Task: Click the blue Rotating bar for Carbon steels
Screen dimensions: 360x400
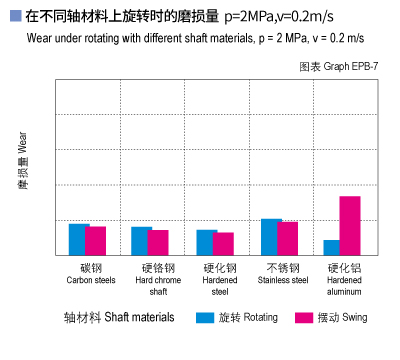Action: [78, 239]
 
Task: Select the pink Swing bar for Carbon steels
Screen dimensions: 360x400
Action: [96, 241]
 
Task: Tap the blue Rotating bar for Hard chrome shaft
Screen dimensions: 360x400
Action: [141, 241]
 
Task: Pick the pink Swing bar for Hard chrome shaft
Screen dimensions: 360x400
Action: [158, 242]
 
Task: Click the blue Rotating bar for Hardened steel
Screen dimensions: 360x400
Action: [206, 242]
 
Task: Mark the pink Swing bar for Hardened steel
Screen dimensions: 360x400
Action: [223, 244]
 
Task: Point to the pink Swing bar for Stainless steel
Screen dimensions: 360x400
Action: [288, 238]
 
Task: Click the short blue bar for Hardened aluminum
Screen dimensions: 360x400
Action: [331, 247]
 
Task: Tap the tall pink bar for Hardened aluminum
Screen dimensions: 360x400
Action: [349, 225]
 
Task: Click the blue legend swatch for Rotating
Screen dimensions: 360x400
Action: [205, 317]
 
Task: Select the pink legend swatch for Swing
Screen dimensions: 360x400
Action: [304, 317]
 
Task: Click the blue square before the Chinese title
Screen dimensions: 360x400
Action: [13, 16]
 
